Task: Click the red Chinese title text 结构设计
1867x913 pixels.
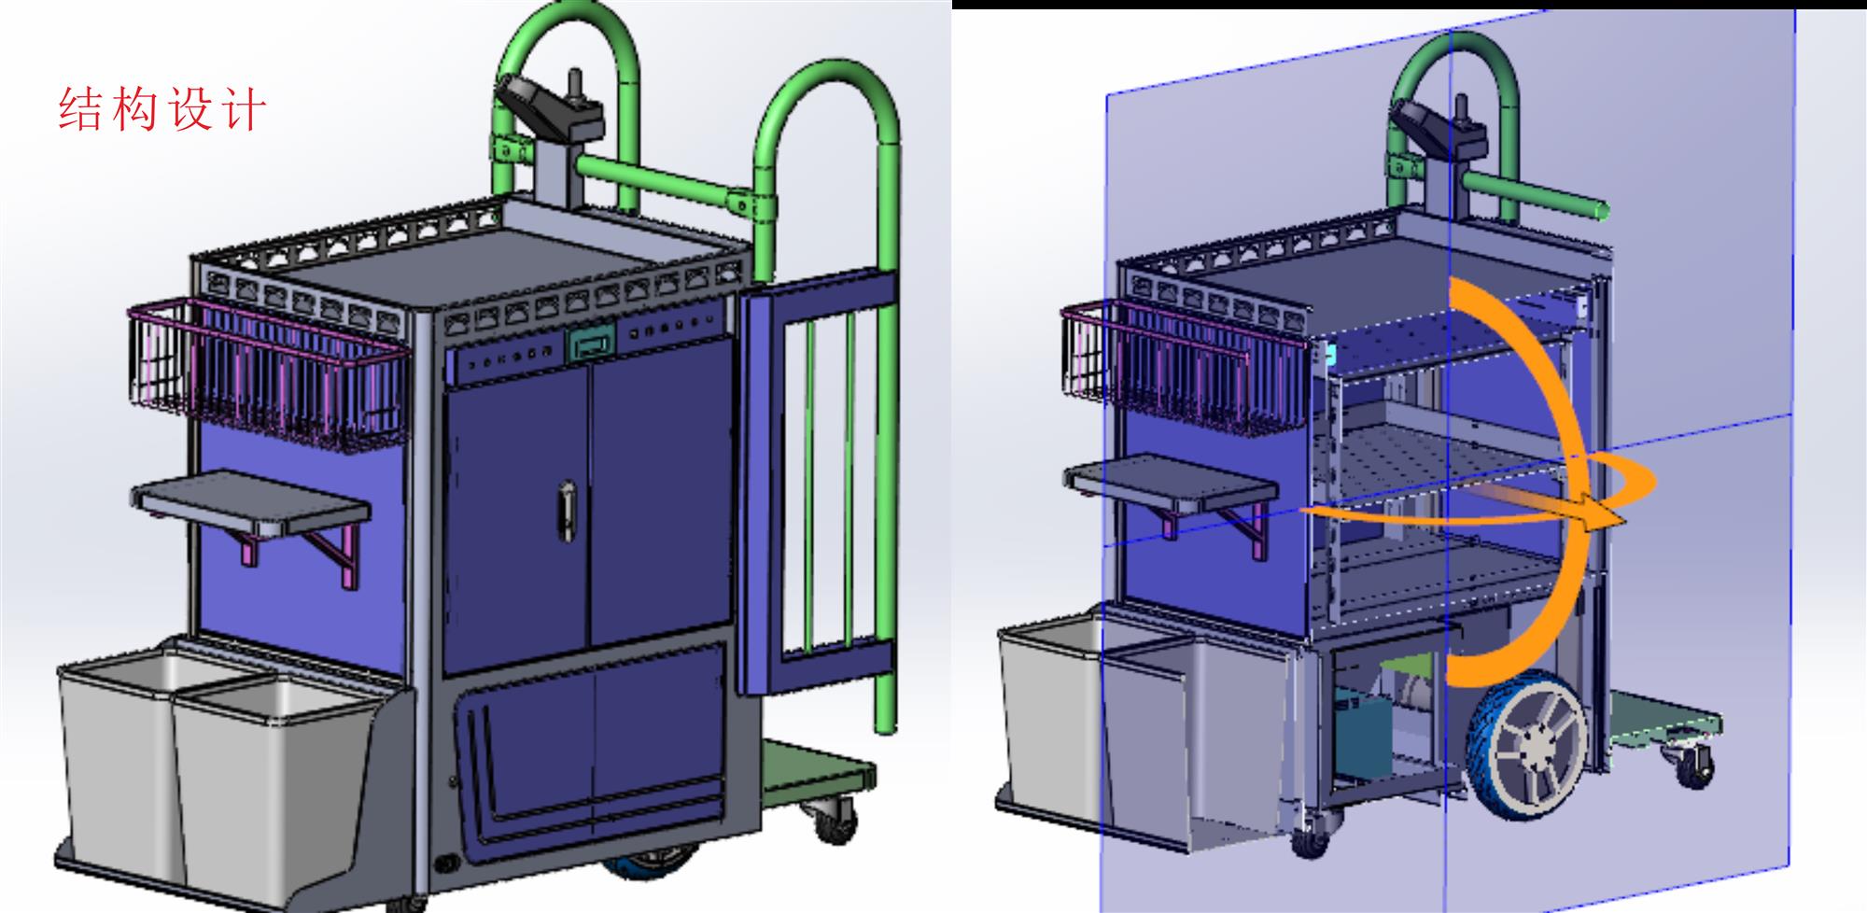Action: [x=162, y=109]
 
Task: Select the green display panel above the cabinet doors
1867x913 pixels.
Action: [x=592, y=342]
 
